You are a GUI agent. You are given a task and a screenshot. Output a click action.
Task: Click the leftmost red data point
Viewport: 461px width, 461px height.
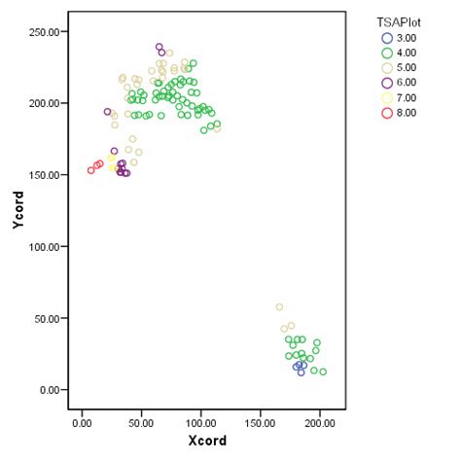tap(90, 170)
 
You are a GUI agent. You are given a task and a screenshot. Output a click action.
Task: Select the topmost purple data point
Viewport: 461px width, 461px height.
tap(159, 47)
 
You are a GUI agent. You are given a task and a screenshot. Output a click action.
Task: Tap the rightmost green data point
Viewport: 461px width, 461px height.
tap(323, 372)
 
